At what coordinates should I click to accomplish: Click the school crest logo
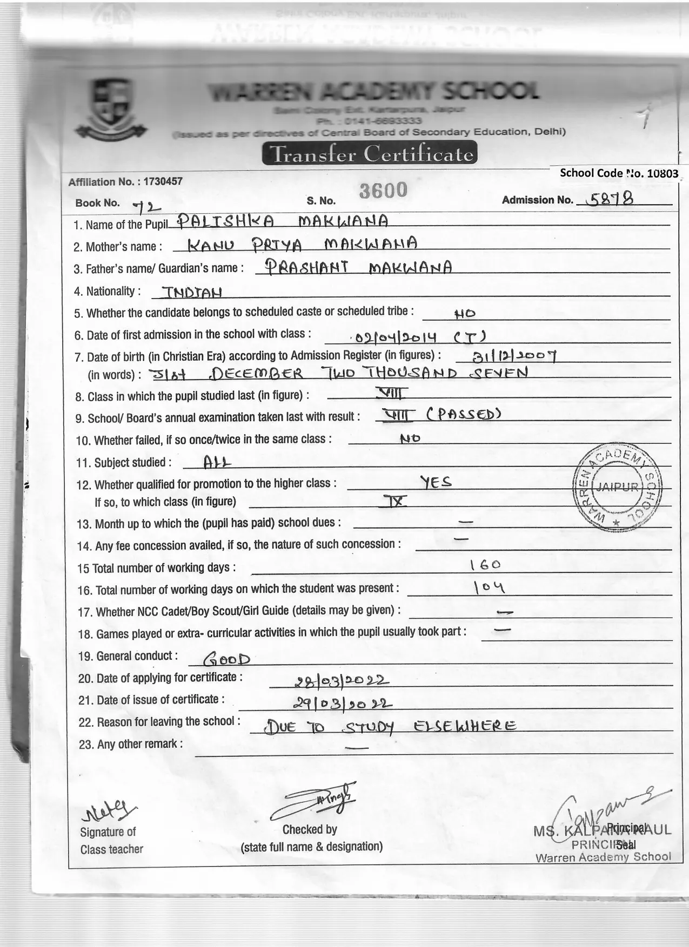[111, 108]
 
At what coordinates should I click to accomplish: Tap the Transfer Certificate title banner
[369, 154]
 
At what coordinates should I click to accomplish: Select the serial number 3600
[383, 190]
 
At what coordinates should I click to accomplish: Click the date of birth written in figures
[506, 355]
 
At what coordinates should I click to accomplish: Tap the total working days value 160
[485, 565]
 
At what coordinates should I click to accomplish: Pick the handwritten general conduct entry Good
[226, 659]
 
